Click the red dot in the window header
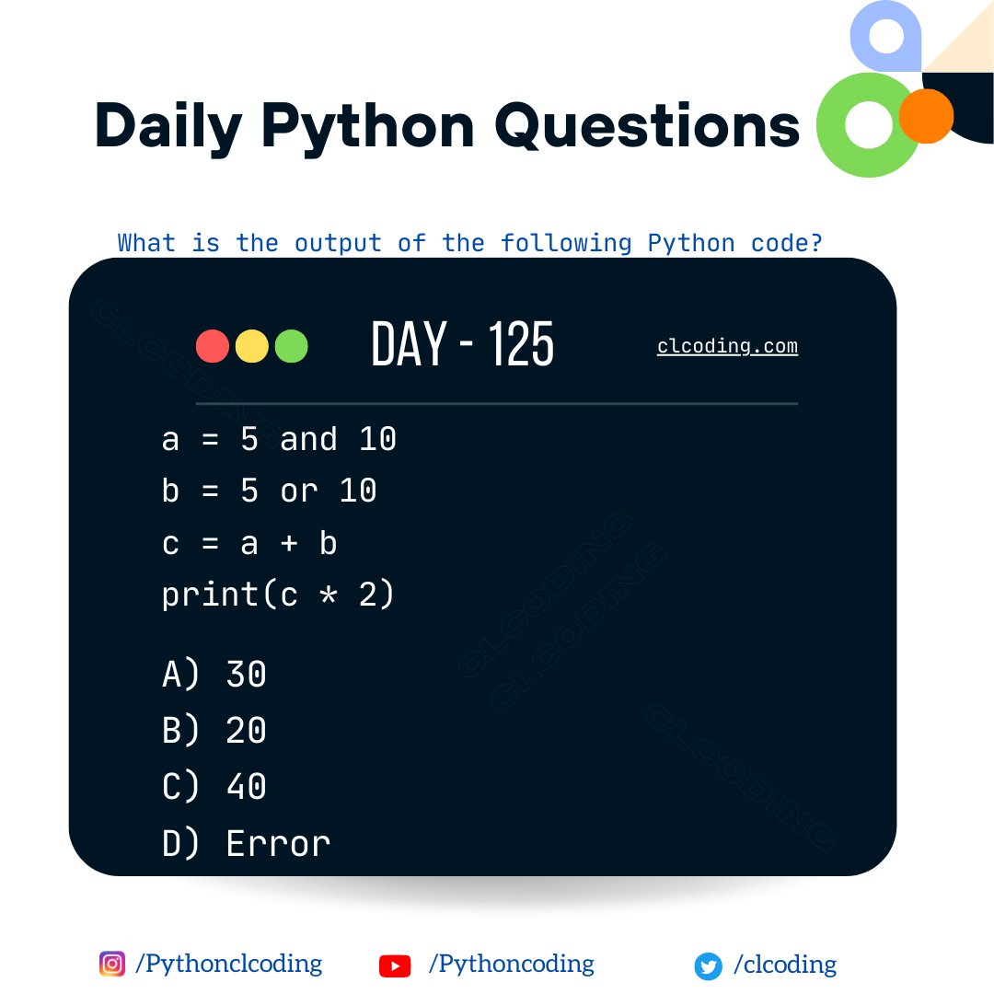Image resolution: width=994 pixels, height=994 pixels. click(x=213, y=346)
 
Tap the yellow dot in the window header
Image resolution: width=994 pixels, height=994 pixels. click(x=252, y=346)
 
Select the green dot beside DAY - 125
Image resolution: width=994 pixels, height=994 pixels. click(x=291, y=346)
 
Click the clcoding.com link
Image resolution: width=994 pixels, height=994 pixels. click(x=727, y=346)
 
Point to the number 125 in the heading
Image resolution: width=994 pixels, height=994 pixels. click(x=521, y=345)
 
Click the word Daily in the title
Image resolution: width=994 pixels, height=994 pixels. click(x=168, y=126)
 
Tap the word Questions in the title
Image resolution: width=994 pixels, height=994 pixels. click(x=647, y=126)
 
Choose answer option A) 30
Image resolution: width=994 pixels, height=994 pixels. click(x=214, y=675)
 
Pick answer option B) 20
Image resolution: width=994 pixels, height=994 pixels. click(x=214, y=731)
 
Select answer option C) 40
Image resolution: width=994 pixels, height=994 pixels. click(x=214, y=787)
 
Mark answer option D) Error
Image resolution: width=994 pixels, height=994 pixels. click(x=246, y=843)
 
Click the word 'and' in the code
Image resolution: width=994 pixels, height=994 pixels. click(x=308, y=439)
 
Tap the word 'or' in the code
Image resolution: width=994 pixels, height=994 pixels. click(x=298, y=491)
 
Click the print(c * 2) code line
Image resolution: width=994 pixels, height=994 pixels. click(x=278, y=595)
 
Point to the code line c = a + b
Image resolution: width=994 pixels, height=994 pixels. click(x=249, y=543)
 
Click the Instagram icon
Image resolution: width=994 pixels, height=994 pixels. click(x=111, y=964)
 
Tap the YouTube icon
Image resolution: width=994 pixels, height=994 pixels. click(x=395, y=965)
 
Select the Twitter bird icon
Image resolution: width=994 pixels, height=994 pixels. click(x=708, y=966)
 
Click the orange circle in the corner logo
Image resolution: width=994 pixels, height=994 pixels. click(x=926, y=116)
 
